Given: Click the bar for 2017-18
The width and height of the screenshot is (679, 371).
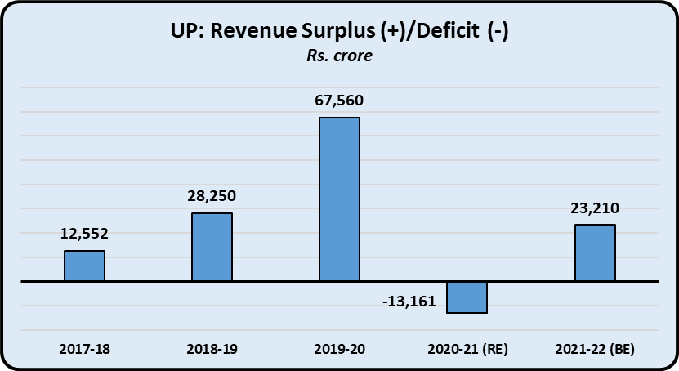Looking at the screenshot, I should point(85,266).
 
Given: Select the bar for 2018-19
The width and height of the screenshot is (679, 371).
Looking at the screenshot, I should point(212,247).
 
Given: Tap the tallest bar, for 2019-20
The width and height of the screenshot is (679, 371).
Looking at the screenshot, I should point(339,199).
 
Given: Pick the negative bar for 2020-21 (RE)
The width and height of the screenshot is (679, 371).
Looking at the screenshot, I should point(467,297).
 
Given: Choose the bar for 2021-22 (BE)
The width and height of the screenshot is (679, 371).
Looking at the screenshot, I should point(595,253).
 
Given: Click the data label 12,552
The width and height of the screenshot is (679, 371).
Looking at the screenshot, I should point(84,235).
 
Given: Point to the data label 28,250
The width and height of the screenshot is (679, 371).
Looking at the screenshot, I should point(212,197).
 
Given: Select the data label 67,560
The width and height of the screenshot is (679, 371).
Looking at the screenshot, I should point(339,101).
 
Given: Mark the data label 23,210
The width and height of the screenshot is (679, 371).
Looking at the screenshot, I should point(595,208).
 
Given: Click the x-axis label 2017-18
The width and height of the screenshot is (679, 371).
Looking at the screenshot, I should point(84,349).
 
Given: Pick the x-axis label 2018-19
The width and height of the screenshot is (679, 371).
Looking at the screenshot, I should point(212,349).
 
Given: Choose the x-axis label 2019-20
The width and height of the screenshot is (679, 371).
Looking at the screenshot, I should point(339,349).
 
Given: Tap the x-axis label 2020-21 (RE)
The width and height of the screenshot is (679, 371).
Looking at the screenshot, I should point(467,349).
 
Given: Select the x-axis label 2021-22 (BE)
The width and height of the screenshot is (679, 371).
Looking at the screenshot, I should point(595,349).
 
